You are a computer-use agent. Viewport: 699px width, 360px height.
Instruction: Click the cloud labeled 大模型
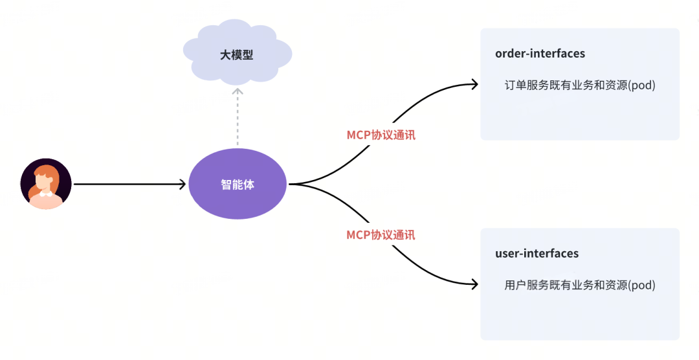tap(237, 54)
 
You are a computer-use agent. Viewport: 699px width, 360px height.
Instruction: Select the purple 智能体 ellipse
tap(238, 185)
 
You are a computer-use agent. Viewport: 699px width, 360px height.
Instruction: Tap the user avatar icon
tap(45, 184)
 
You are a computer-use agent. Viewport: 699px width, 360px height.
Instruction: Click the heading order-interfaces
tap(540, 54)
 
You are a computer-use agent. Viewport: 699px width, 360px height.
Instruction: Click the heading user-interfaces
tap(537, 253)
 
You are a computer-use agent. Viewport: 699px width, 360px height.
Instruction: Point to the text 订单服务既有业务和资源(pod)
tap(579, 85)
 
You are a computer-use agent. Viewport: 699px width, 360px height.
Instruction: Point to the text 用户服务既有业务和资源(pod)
tap(579, 285)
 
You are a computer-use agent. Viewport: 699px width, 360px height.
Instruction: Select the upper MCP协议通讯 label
tap(381, 135)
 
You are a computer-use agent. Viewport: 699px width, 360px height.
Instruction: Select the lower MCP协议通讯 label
tap(381, 234)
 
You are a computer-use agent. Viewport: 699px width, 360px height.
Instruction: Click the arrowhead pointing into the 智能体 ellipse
tap(183, 185)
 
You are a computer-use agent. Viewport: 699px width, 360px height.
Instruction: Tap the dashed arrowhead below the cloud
tap(238, 92)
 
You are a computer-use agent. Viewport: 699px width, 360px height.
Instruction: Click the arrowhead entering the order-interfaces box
tap(474, 84)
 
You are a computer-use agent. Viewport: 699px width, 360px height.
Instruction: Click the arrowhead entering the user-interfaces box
tap(474, 284)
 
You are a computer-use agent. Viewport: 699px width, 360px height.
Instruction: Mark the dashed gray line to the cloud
tap(238, 120)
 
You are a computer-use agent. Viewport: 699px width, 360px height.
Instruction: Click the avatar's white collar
tap(45, 193)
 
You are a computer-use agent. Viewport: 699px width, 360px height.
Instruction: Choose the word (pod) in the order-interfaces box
tap(641, 85)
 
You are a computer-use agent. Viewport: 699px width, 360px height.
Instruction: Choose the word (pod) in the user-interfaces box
tap(641, 285)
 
